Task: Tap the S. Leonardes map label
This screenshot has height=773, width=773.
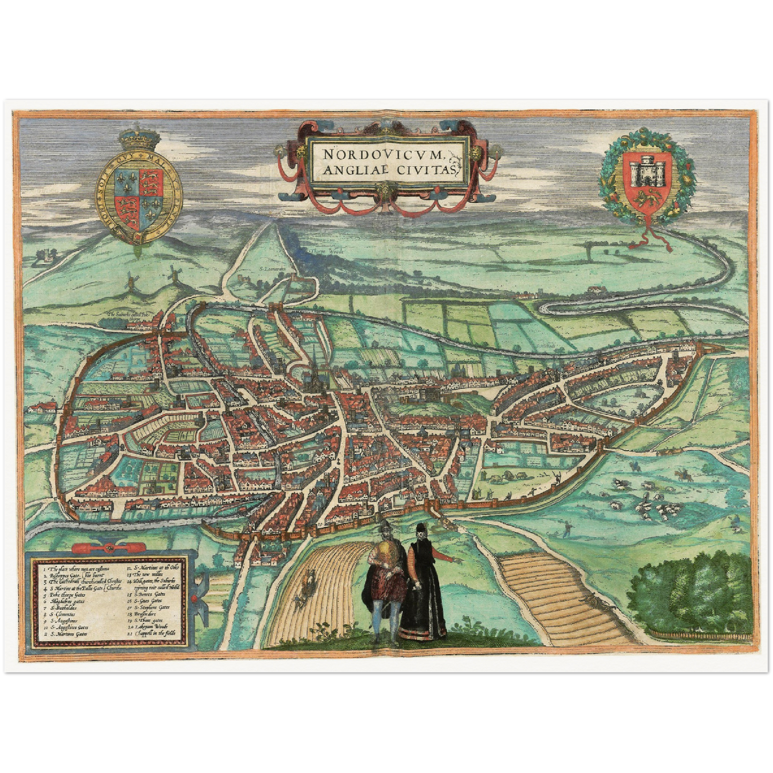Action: (271, 270)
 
